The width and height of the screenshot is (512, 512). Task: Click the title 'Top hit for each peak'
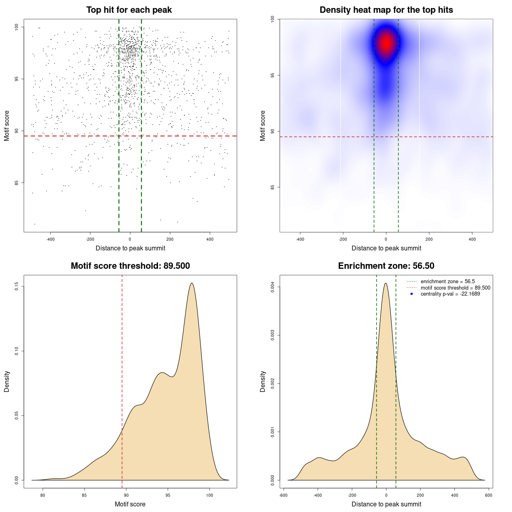coord(129,10)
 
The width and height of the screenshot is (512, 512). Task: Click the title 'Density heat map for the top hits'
coord(386,10)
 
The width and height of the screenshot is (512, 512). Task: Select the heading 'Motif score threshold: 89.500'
coord(130,266)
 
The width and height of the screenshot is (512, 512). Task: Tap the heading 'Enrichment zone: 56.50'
coord(386,266)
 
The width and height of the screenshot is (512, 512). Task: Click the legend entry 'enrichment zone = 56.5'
coord(448,282)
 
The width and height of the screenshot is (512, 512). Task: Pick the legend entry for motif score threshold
coord(455,288)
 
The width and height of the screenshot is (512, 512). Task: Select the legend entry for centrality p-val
coord(450,294)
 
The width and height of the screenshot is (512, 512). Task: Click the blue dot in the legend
coord(412,294)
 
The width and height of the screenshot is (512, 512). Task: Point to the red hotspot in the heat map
coord(386,43)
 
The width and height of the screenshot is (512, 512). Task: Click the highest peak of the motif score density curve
coord(192,283)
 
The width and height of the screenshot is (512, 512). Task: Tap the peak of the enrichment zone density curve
coord(386,284)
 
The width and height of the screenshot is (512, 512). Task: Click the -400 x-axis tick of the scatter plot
coord(50,239)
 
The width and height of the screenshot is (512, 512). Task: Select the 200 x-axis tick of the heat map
coord(429,239)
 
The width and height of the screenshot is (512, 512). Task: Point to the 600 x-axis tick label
coord(488,495)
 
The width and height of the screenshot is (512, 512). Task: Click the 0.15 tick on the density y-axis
coord(17,286)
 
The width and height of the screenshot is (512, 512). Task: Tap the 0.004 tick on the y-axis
coord(273,287)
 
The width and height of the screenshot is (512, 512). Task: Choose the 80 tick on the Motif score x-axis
coord(43,495)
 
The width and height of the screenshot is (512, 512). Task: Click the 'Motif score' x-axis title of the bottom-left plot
coord(130,504)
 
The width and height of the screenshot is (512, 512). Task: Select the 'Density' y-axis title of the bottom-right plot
coord(263,381)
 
